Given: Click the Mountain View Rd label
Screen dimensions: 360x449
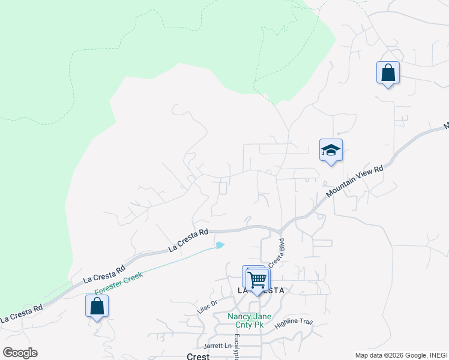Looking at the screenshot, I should [x=355, y=182].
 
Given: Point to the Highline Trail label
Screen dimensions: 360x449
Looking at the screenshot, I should [x=294, y=323].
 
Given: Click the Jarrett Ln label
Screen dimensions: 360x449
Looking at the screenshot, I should [x=217, y=346].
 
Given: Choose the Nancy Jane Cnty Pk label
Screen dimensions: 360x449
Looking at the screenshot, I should [x=249, y=320].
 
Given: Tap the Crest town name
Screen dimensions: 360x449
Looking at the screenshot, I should [x=197, y=356].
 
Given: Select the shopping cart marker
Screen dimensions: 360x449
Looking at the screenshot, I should [x=258, y=279].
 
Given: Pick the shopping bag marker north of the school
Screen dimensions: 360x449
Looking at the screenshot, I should [x=388, y=73].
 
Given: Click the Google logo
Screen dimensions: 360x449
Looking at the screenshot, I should [x=20, y=353].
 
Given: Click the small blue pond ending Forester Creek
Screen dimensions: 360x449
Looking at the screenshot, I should [x=220, y=245].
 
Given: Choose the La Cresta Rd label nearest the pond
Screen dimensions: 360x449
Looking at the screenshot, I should [x=188, y=240].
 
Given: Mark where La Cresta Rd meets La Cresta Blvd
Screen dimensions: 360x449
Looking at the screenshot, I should [x=281, y=231].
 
